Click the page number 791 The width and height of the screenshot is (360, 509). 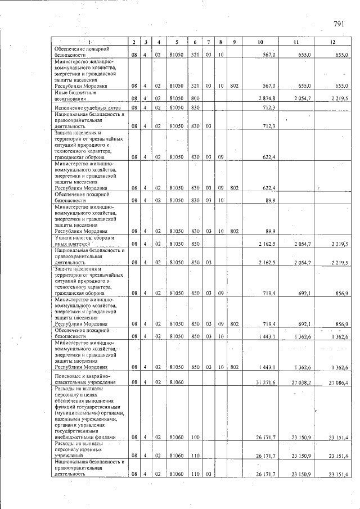[339, 24]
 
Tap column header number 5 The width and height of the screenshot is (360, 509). [177, 42]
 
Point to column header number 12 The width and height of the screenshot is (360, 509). [332, 42]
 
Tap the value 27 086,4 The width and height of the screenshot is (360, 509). [339, 382]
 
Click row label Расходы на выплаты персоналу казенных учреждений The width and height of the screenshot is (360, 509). [82, 450]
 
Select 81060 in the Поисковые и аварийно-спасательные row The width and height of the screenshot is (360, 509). [177, 382]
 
